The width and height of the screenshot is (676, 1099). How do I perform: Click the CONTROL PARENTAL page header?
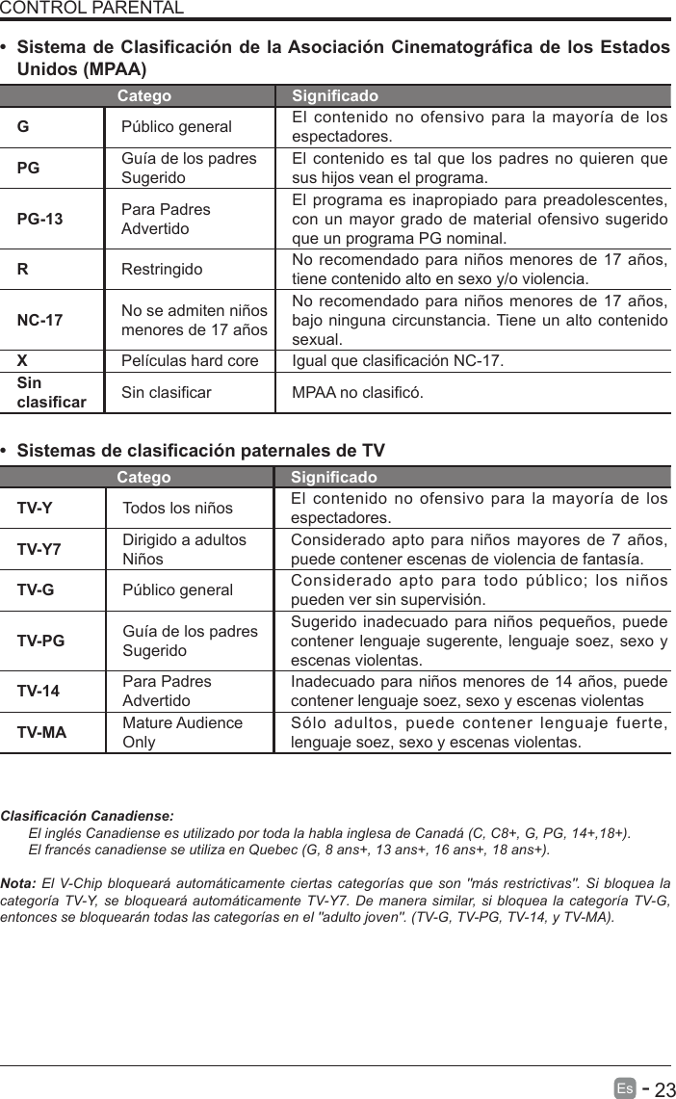point(91,9)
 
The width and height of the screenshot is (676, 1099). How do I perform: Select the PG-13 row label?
point(39,219)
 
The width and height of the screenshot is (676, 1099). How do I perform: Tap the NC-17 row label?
point(39,319)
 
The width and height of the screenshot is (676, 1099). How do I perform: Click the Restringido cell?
point(162,269)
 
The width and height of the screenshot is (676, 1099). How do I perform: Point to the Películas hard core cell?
point(190,361)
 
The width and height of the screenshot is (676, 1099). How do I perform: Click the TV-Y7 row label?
point(39,549)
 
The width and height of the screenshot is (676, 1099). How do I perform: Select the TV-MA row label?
point(41,732)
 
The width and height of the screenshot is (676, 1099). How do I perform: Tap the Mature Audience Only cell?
point(182,732)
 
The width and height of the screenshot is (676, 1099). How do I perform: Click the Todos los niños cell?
point(177,508)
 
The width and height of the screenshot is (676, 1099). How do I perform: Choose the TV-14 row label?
point(38,691)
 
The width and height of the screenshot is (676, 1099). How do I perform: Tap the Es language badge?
point(625,1088)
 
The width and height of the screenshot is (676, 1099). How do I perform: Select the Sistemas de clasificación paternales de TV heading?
point(200,451)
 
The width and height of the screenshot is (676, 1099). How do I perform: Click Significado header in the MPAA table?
point(334,96)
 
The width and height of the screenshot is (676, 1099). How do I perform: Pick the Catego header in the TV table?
point(143,478)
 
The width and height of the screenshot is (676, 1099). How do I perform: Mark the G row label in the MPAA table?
point(22,126)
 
